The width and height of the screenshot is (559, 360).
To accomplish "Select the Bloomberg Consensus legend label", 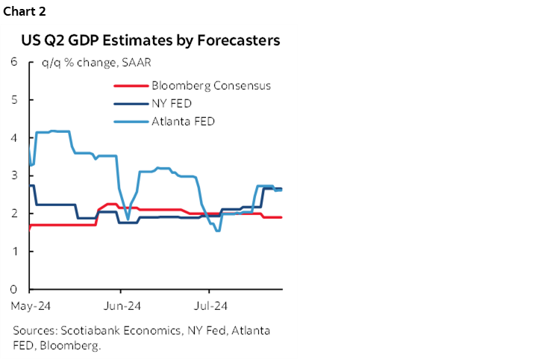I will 210,85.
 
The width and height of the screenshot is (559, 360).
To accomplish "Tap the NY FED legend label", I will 171,103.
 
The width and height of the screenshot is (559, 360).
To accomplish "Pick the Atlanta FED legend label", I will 183,121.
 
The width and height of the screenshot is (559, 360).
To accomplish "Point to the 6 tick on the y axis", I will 14,61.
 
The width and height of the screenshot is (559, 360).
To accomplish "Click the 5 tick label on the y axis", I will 14,99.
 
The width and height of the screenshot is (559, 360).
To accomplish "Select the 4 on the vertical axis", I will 14,137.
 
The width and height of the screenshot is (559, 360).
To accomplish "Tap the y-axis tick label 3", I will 14,176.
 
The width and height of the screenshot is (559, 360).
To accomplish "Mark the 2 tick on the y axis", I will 14,214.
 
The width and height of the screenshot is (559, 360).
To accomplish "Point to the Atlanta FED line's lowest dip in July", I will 217,230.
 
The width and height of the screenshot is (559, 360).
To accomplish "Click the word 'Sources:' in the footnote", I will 34,330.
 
